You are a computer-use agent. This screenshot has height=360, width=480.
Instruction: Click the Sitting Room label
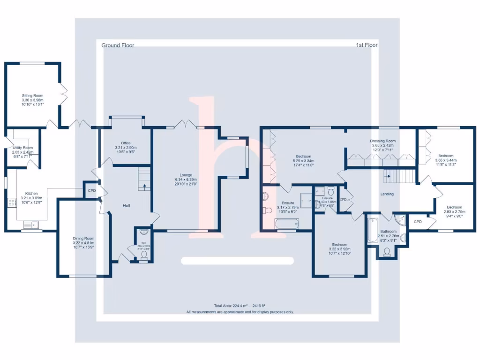pyautogui.click(x=32, y=96)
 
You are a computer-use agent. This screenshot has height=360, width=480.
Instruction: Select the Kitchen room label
pyautogui.click(x=31, y=193)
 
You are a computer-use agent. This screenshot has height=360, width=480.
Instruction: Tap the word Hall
pyautogui.click(x=127, y=206)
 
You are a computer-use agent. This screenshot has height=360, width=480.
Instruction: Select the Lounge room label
pyautogui.click(x=186, y=175)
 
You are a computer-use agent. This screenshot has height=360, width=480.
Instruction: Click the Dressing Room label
pyautogui.click(x=383, y=141)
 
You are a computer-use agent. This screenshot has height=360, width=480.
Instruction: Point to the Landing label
pyautogui.click(x=387, y=194)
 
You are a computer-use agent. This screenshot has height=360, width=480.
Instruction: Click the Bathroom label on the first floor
pyautogui.click(x=388, y=232)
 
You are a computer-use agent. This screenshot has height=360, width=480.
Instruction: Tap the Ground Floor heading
pyautogui.click(x=118, y=45)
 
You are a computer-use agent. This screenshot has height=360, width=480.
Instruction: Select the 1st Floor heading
pyautogui.click(x=367, y=45)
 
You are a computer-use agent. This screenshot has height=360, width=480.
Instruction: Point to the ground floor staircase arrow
pyautogui.click(x=144, y=186)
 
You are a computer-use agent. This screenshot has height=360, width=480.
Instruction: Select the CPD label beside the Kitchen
pyautogui.click(x=92, y=191)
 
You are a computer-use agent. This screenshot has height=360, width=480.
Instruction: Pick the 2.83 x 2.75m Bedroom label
pyautogui.click(x=454, y=207)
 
